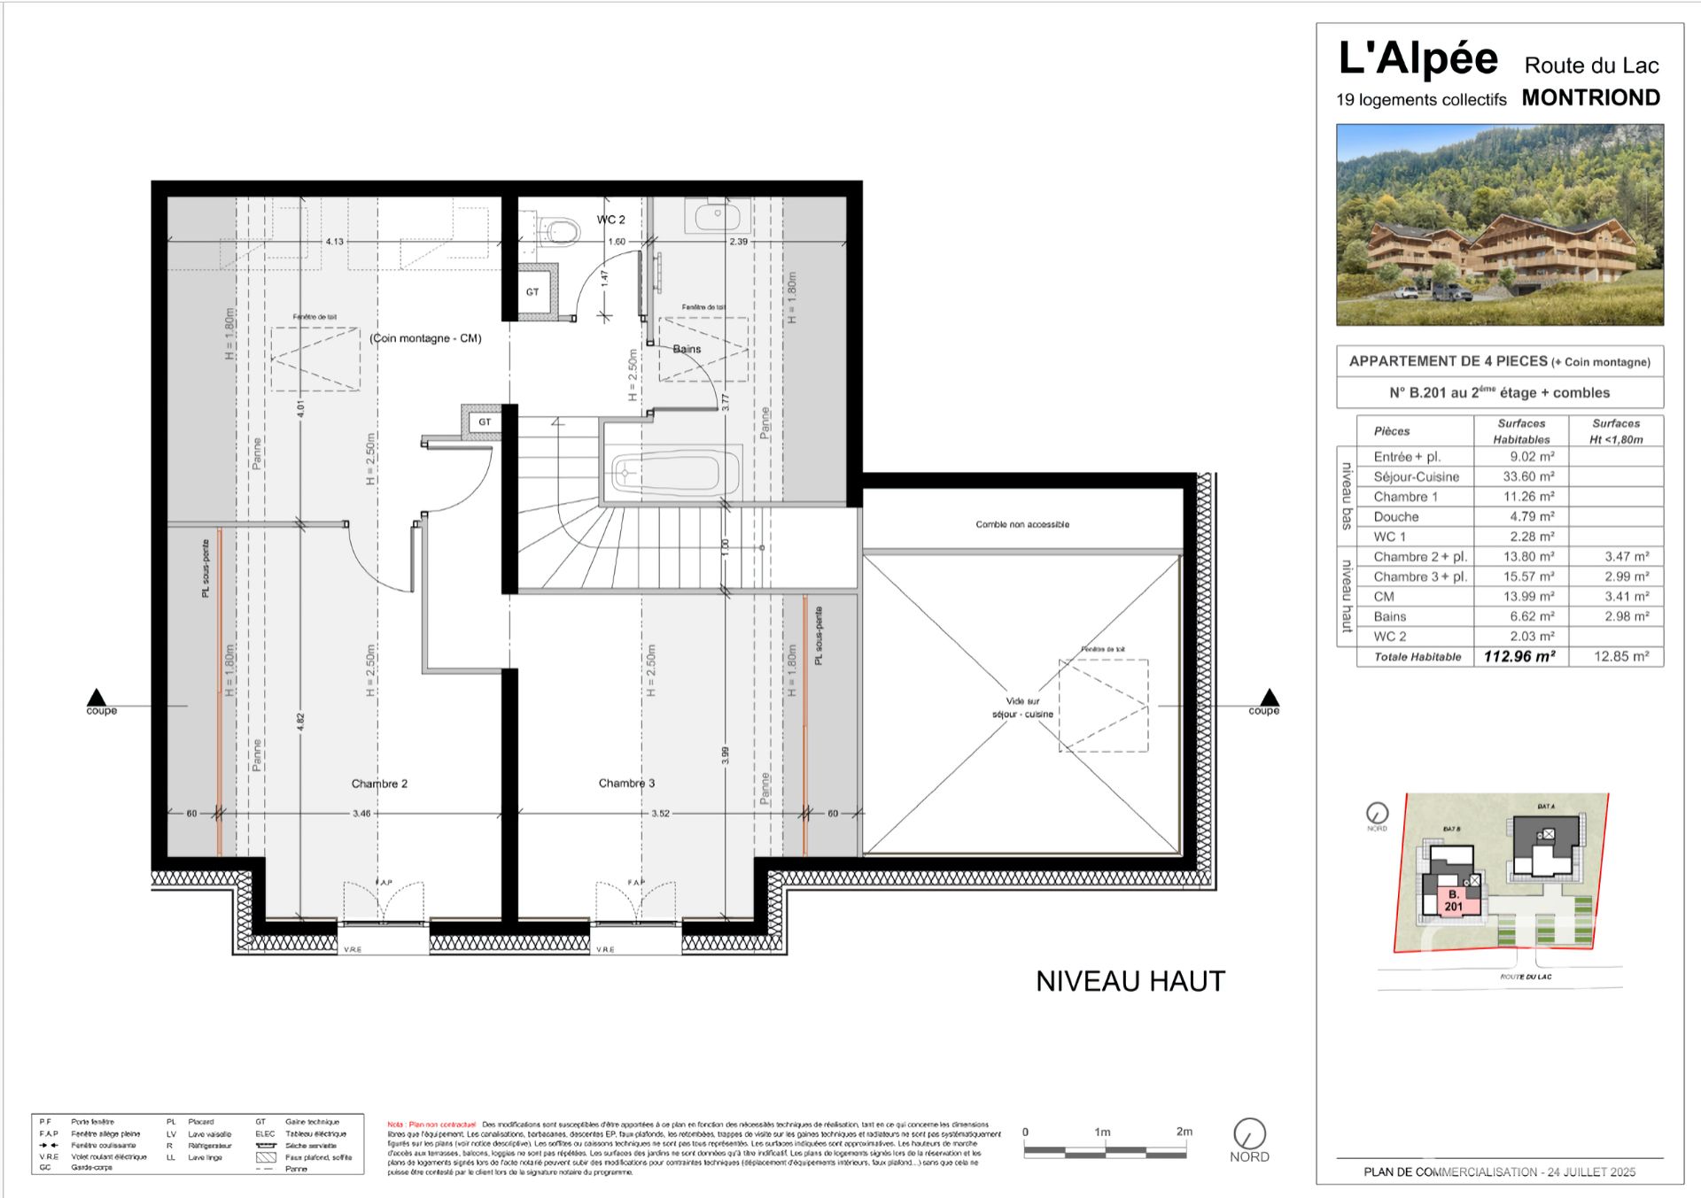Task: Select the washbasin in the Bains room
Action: pos(717,214)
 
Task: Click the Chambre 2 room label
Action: pos(379,784)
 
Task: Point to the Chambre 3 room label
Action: pos(626,783)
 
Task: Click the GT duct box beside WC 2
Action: pos(533,291)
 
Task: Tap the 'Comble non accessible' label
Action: pos(1022,524)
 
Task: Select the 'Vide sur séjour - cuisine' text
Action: pos(1022,707)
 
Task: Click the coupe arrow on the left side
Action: pos(97,698)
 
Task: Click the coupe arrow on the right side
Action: pos(1270,698)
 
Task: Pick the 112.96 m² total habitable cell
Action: pos(1519,657)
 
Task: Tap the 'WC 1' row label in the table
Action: pos(1389,537)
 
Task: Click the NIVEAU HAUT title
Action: pos(1130,981)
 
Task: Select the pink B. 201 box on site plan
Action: pos(1454,900)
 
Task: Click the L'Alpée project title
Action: pos(1417,58)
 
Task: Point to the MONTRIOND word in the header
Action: pos(1591,98)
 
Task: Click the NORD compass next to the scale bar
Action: pos(1249,1134)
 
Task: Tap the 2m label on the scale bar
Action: pos(1184,1132)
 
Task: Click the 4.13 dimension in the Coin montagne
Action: pos(334,241)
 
